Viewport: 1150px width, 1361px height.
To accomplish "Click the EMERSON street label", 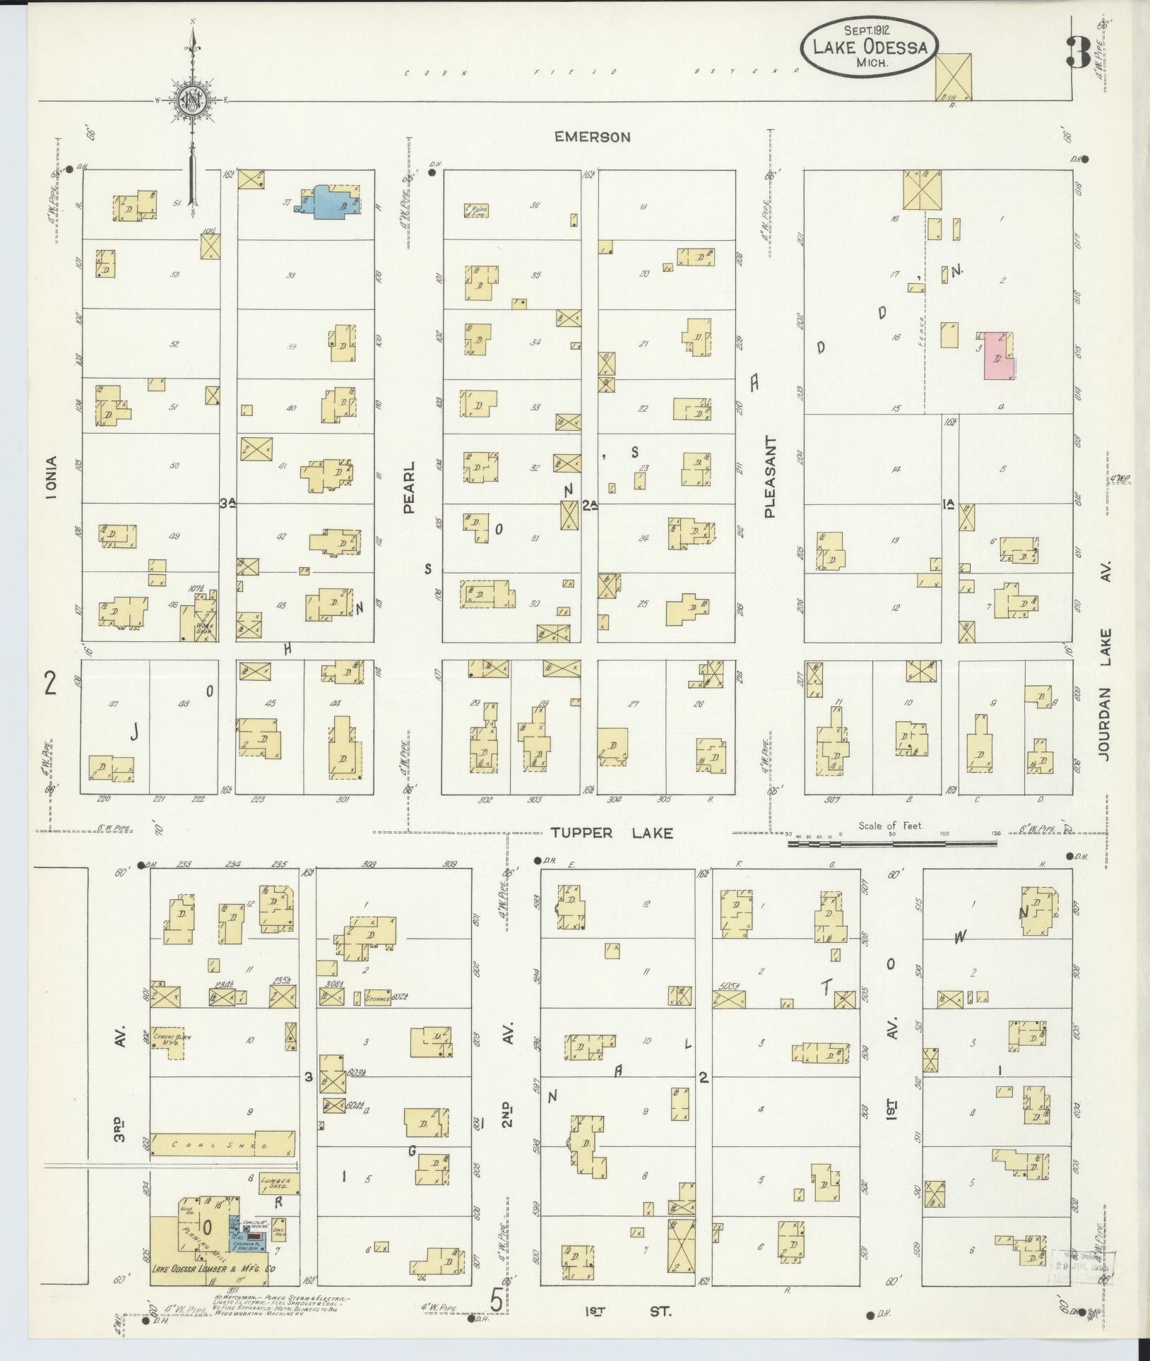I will (x=591, y=137).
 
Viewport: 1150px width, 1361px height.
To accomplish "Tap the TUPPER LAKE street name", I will (x=612, y=833).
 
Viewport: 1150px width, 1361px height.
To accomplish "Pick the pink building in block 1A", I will (x=1000, y=355).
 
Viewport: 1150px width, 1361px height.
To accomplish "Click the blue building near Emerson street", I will (x=329, y=202).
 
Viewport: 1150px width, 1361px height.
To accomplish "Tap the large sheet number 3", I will (x=1078, y=51).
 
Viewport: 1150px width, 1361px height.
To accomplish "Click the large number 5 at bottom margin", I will (x=497, y=1300).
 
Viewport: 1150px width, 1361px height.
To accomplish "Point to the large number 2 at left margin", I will (x=49, y=684).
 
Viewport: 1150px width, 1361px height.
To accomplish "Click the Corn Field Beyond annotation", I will (x=605, y=71).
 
